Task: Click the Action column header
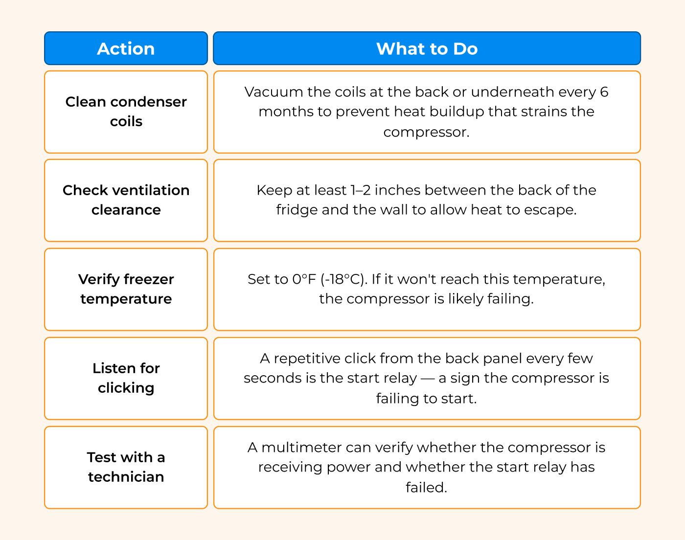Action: [x=126, y=48]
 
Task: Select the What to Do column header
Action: [x=427, y=48]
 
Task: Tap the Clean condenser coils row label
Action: [x=126, y=112]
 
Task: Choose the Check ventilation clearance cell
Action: [x=126, y=201]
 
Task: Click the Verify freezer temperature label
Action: [x=126, y=289]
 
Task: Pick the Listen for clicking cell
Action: [x=126, y=379]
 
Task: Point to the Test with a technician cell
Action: [x=126, y=468]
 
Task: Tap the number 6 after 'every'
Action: [x=604, y=92]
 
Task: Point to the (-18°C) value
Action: [x=344, y=279]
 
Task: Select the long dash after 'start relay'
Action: [x=428, y=379]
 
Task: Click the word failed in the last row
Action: [x=427, y=487]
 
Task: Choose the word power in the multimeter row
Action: [x=348, y=468]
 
